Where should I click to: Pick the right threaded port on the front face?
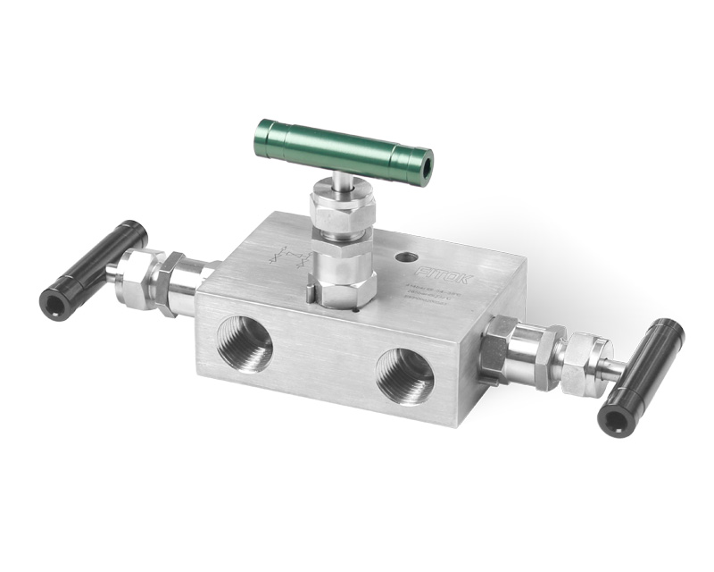tap(404, 374)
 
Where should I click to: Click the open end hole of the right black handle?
tap(613, 421)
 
